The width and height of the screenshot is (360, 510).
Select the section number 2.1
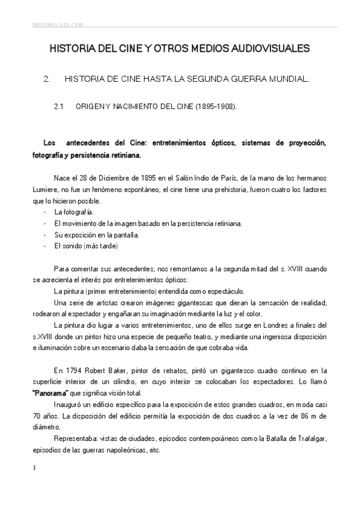point(59,106)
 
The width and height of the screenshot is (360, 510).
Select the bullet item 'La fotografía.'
point(73,212)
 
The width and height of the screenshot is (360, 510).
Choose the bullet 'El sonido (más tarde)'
point(86,246)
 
